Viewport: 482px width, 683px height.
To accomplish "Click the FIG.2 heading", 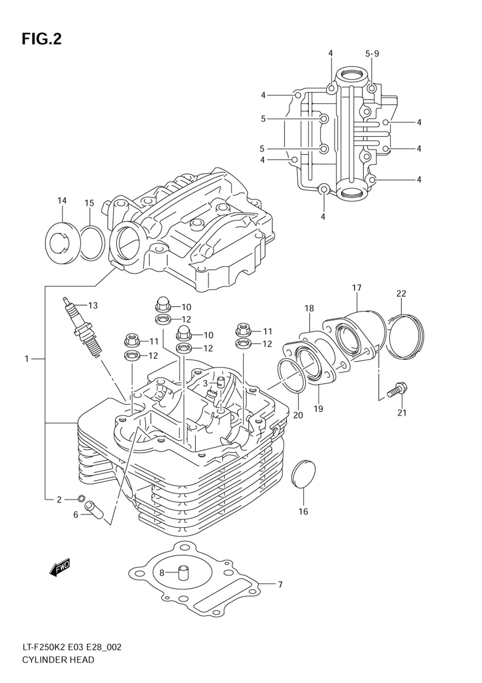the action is tap(41, 40).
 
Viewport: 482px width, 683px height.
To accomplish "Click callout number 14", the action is tap(62, 201).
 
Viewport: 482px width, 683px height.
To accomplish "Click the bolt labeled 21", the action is tap(397, 390).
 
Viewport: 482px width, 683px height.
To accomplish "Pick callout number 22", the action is tap(401, 294).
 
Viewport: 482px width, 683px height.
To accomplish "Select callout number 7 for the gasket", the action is tap(280, 585).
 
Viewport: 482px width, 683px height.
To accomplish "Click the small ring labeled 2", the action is tap(81, 498).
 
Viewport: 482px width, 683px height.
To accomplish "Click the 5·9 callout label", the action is tap(372, 54).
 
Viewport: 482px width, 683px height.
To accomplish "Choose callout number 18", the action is tap(309, 308).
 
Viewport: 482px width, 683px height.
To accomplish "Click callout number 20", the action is tap(298, 415).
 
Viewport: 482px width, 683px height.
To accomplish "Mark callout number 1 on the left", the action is tap(27, 359).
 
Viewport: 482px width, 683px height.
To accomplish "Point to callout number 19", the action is tap(318, 409).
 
